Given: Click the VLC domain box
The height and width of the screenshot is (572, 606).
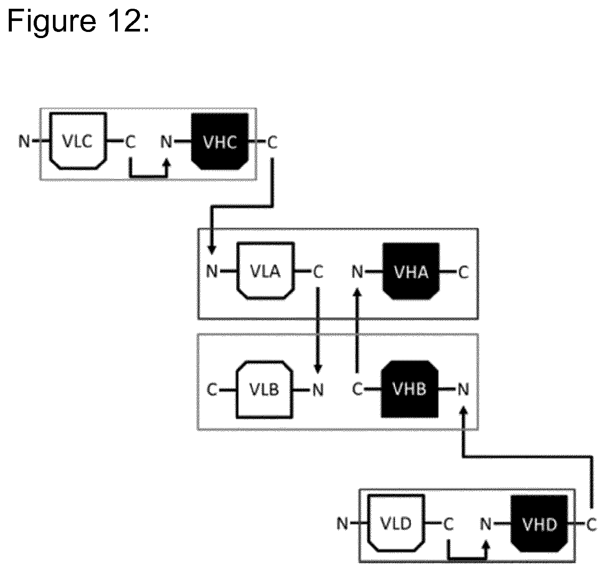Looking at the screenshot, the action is (78, 141).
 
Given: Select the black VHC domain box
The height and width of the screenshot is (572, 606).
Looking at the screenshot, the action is (220, 141).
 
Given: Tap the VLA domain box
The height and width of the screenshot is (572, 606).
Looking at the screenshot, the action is (266, 271).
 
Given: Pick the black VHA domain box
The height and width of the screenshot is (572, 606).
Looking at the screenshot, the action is (411, 271).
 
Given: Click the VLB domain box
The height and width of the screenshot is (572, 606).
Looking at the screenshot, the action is (264, 390).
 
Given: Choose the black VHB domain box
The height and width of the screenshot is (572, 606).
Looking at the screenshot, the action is (410, 389).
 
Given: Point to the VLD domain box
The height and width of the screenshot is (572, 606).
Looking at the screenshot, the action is (396, 524).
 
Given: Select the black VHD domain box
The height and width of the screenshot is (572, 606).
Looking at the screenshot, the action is (539, 524).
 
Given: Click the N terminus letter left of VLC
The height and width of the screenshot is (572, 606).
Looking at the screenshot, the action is (25, 141).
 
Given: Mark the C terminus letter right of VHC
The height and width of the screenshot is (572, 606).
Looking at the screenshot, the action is (273, 142).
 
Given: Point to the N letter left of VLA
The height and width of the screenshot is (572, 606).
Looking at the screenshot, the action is (212, 271).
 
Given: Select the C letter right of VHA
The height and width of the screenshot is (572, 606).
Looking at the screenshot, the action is (463, 272).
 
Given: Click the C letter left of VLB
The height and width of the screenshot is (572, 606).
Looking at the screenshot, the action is (212, 390).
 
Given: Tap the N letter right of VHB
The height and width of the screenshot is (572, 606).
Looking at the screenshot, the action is (463, 390).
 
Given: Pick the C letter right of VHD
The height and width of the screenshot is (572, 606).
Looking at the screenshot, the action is (592, 525).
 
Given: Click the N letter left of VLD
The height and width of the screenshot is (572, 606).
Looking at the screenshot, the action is (342, 524).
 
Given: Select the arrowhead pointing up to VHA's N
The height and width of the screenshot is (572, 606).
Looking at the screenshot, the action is (357, 292).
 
